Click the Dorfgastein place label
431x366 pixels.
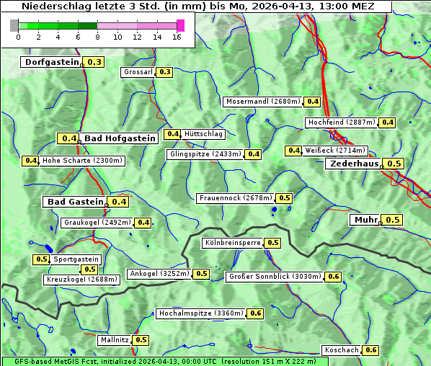51,62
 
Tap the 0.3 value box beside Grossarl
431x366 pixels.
165,72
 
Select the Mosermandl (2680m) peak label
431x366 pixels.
263,102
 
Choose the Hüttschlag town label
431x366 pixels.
203,134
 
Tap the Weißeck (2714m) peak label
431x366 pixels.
335,151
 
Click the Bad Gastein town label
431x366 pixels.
75,202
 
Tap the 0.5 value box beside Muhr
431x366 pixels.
393,220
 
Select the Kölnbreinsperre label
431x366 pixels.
232,243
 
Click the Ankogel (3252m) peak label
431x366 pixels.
159,274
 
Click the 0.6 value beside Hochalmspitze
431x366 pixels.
256,313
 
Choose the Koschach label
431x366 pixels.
342,350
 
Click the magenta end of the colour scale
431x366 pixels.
180,25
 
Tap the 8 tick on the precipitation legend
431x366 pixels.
97,36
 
